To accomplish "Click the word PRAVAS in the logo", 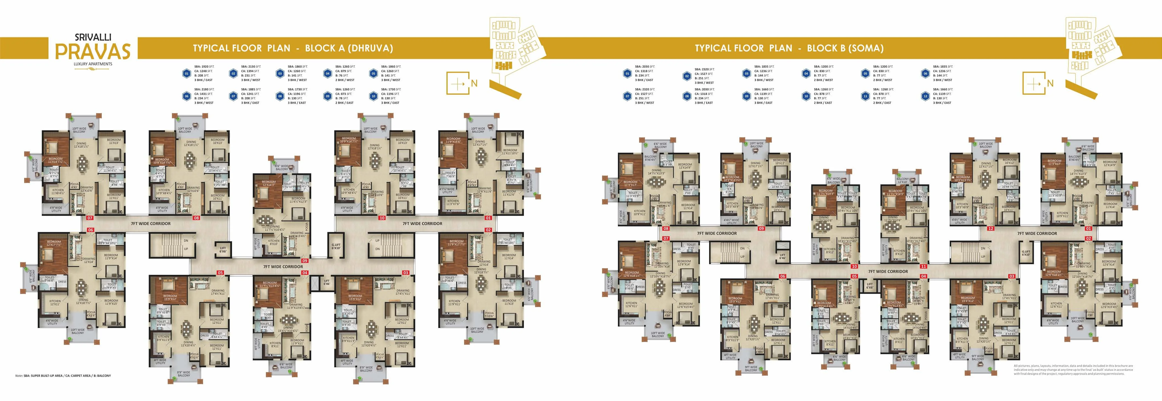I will (x=92, y=51).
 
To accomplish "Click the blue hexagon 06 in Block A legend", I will (x=186, y=96).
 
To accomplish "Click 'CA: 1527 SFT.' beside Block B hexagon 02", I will (x=705, y=74).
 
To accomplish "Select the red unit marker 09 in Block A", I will (x=305, y=260).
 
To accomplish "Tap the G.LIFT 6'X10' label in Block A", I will (x=336, y=246).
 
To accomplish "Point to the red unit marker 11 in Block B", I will (x=923, y=267).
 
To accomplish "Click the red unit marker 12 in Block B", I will (x=991, y=229).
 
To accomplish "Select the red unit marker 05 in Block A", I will (x=220, y=273).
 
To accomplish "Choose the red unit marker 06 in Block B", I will (x=782, y=276).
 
